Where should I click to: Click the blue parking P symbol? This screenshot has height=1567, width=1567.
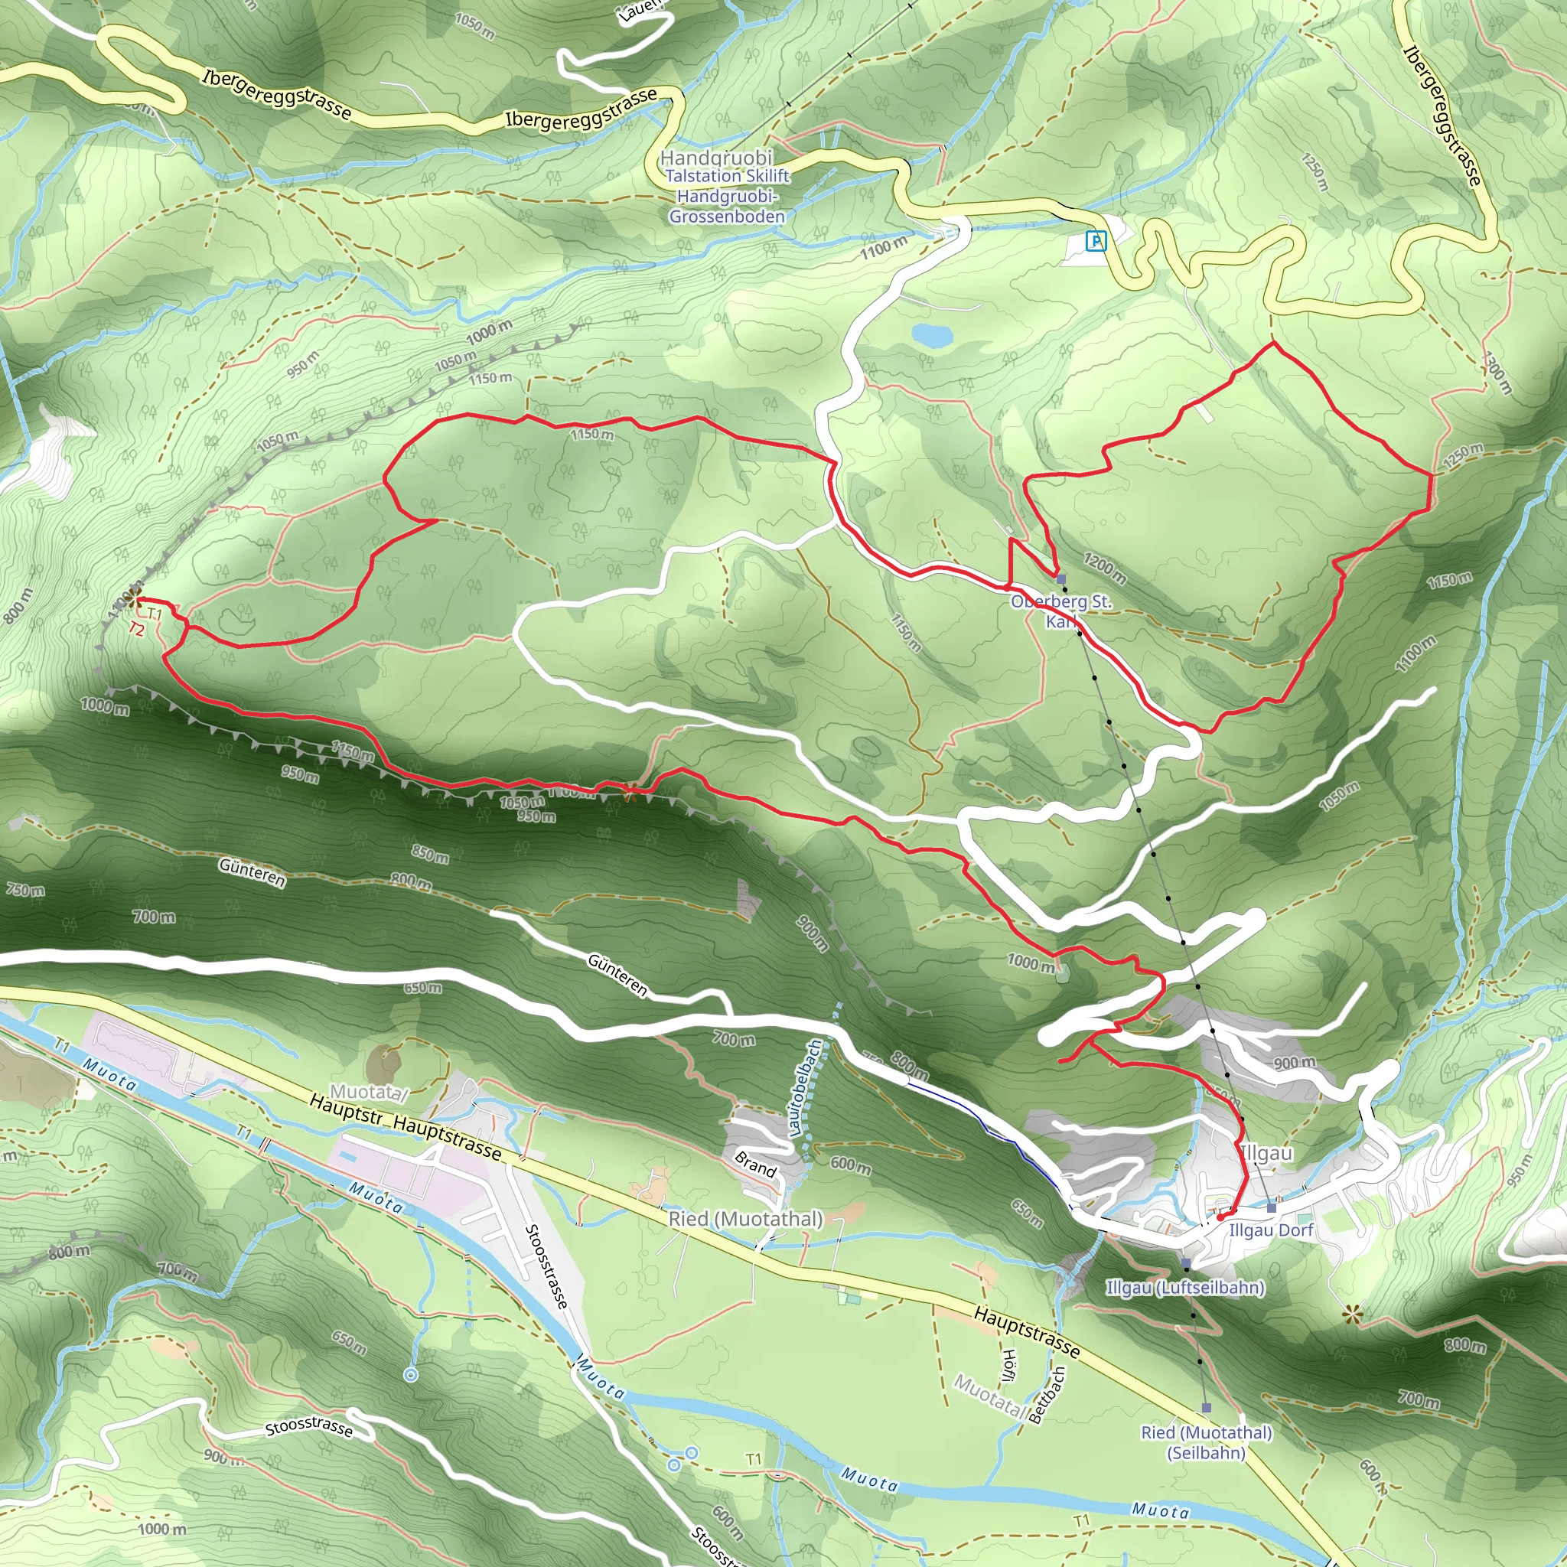[x=1096, y=241]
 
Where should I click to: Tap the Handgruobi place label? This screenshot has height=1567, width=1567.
[x=716, y=158]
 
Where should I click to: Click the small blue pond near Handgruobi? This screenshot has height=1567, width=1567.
[x=932, y=334]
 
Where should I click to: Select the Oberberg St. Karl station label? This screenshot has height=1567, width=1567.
[x=1061, y=611]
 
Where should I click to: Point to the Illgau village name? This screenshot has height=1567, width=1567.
[x=1267, y=1152]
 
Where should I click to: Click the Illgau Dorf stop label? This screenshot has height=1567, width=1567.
[x=1271, y=1230]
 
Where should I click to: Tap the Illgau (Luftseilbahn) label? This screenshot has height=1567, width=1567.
[x=1185, y=1287]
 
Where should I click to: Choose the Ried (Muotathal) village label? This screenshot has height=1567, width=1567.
[x=745, y=1218]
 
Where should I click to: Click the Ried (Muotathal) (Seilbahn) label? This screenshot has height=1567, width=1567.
[x=1206, y=1442]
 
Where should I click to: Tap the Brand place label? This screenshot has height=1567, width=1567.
[x=755, y=1165]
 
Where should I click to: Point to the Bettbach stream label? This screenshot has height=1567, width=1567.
[x=1046, y=1395]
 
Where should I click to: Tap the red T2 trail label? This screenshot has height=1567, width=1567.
[x=136, y=629]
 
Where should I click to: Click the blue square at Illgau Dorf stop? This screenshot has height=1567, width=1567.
[x=1271, y=1208]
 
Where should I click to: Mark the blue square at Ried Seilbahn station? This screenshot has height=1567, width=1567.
[x=1206, y=1407]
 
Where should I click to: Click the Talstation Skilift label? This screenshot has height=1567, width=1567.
[x=727, y=176]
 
